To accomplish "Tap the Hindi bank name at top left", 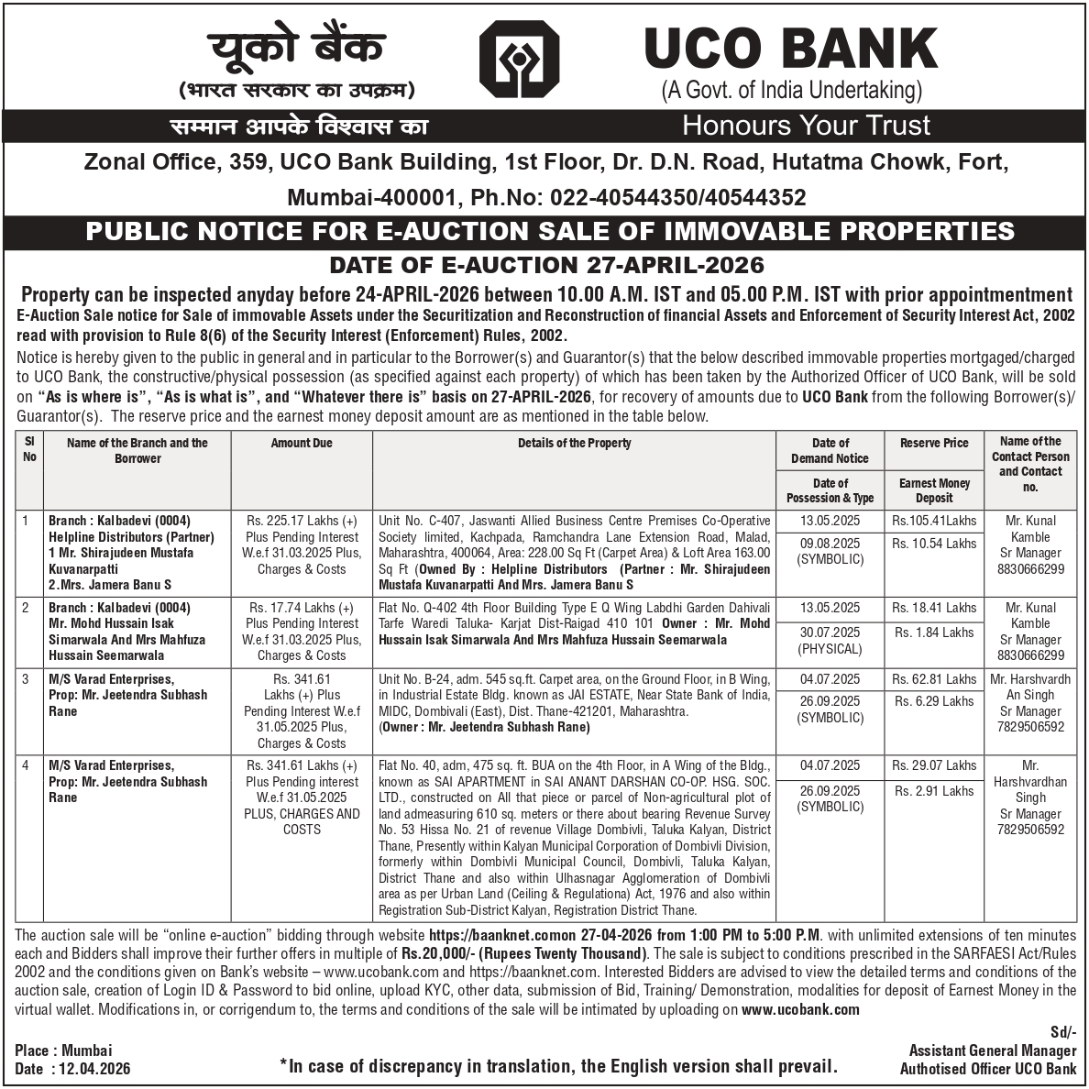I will tap(296, 49).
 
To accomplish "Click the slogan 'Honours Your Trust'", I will tap(806, 126).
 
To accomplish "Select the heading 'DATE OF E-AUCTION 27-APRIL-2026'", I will tap(546, 266).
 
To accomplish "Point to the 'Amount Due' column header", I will tap(302, 444).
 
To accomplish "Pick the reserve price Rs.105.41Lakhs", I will tap(934, 521).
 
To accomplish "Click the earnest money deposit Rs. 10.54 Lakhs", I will tap(935, 544).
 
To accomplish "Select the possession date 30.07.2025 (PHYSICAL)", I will tap(830, 641).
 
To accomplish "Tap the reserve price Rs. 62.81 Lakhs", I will tap(935, 679).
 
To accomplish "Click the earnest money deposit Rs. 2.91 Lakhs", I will tap(935, 790).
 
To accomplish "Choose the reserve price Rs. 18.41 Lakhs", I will tap(935, 608).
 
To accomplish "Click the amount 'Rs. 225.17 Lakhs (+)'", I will tap(302, 521).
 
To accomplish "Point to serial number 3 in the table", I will tap(27, 679).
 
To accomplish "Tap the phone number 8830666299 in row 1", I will tap(1030, 569).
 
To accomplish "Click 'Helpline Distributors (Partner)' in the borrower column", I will tap(131, 537).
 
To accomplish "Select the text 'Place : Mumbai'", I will tap(63, 1050).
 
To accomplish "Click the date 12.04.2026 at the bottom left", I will tap(92, 1069).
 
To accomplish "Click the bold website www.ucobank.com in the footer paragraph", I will tap(800, 1009).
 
